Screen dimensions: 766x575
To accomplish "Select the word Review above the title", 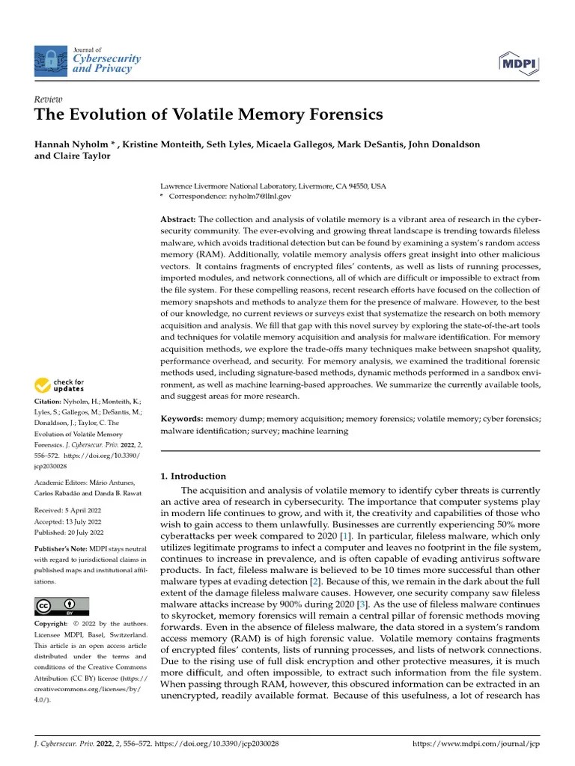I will click(x=49, y=99).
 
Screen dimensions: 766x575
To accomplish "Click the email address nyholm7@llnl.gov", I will click(x=254, y=196).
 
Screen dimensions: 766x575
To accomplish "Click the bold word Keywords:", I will click(x=182, y=420).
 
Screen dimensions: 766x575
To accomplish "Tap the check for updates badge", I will click(x=60, y=385).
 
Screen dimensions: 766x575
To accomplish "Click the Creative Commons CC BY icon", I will click(x=62, y=606).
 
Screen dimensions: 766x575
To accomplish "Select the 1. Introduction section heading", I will click(x=193, y=476).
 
